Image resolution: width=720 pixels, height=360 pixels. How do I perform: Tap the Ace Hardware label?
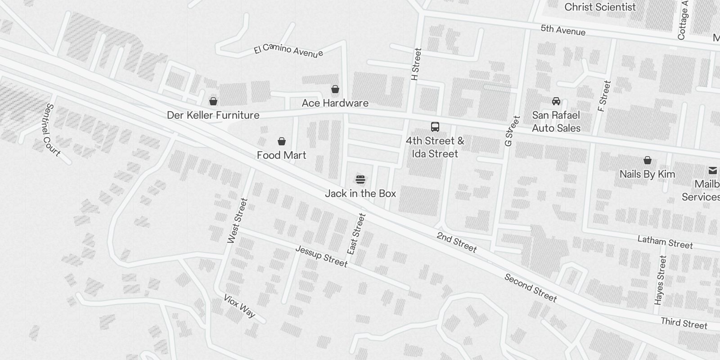coord(335,103)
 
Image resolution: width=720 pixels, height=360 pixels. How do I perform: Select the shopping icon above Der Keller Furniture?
coord(213,101)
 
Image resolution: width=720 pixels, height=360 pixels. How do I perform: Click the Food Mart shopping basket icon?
coord(282,142)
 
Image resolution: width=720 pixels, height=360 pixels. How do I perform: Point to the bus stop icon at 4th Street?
coord(435,127)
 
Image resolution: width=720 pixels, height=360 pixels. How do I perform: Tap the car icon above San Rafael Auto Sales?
coord(556,101)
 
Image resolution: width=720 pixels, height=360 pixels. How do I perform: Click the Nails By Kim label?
coord(647,174)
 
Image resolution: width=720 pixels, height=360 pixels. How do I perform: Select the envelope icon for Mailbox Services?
coord(713,171)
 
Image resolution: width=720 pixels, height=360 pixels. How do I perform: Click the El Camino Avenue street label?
coord(288,50)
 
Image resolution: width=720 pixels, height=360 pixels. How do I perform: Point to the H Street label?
coord(416,64)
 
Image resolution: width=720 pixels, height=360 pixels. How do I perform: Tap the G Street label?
coord(512,131)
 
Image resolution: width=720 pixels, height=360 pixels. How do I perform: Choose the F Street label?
coord(604,96)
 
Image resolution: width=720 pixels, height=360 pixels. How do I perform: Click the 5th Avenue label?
coord(563,30)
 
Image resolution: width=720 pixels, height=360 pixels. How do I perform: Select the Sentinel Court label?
coord(53,130)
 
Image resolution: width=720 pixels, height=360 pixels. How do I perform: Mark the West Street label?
coord(238,221)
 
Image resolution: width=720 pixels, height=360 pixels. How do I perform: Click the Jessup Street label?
coord(321,256)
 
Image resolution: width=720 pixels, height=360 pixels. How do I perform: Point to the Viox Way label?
coord(239,306)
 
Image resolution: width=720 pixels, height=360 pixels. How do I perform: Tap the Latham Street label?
coord(665,242)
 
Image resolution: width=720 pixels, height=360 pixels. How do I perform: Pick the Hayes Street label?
coord(661,280)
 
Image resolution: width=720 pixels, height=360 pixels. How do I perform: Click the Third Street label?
coord(684,323)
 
